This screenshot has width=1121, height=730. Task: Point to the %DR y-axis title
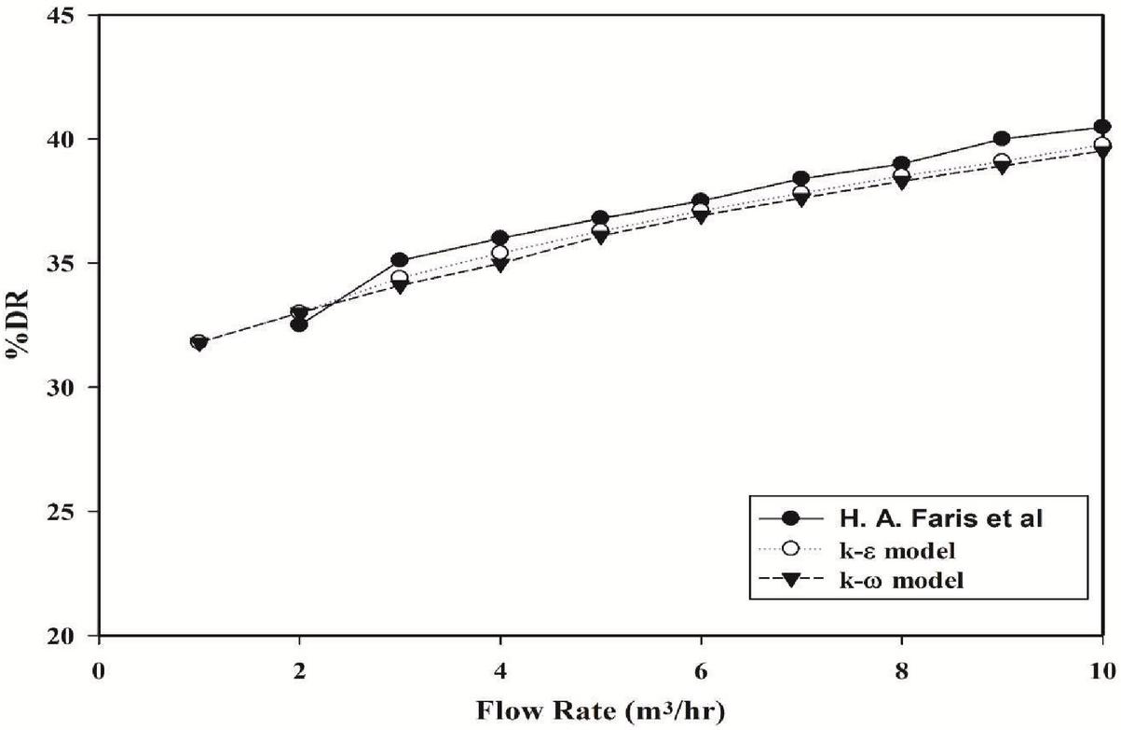click(x=20, y=326)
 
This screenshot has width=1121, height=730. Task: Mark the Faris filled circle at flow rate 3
click(x=400, y=260)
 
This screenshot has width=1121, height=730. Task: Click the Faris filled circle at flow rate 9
click(x=1002, y=139)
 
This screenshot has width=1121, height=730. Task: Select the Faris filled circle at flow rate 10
click(x=1102, y=127)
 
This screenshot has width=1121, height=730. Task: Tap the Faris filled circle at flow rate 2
click(x=299, y=324)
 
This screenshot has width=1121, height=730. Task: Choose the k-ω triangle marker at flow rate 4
click(x=500, y=265)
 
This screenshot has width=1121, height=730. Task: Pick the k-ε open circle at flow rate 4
click(x=500, y=253)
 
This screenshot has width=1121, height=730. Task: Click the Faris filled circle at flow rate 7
click(x=801, y=179)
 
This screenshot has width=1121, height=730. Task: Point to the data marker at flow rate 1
click(x=198, y=342)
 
